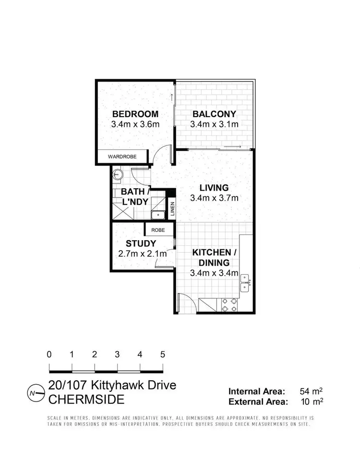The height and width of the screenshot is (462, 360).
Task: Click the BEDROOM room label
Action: pyautogui.click(x=135, y=114)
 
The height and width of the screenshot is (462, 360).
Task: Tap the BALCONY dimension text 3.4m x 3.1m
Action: pyautogui.click(x=214, y=124)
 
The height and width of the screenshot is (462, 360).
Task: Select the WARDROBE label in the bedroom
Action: pyautogui.click(x=122, y=157)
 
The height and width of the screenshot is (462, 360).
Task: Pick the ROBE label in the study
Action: pyautogui.click(x=158, y=230)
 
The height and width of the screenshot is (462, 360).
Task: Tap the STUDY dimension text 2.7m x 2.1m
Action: pyautogui.click(x=142, y=254)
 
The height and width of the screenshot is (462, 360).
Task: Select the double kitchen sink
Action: pyautogui.click(x=245, y=282)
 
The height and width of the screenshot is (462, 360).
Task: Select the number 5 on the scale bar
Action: pyautogui.click(x=162, y=355)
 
